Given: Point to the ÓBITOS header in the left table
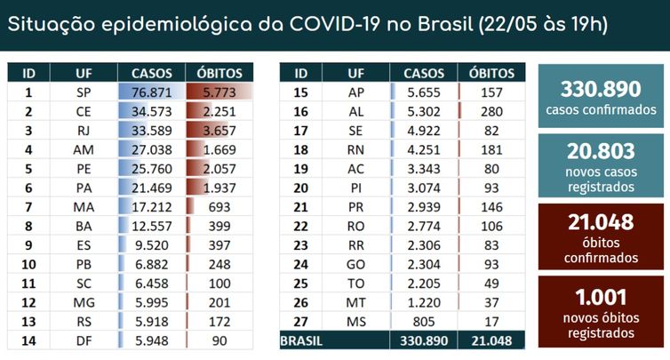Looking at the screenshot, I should tap(212, 73).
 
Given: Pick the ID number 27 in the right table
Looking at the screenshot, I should tap(300, 321).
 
